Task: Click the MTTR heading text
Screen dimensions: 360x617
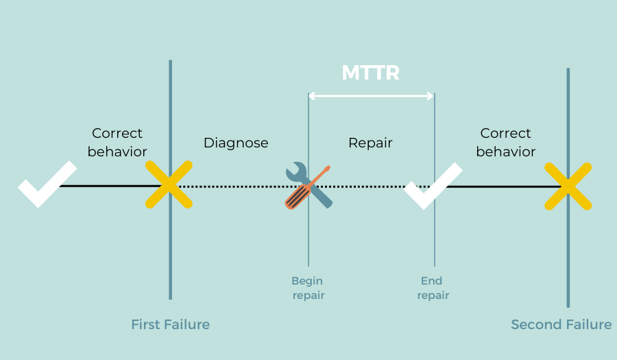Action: coord(370,73)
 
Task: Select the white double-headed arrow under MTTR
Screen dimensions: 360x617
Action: coord(371,96)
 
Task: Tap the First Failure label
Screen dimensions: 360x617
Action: coord(170,324)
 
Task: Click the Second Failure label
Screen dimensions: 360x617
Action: coord(561,324)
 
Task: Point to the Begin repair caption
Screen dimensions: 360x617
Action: coord(308,288)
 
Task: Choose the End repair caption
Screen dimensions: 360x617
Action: coord(433,288)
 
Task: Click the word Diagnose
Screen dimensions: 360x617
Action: coord(236,143)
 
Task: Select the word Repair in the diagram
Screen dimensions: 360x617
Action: coord(370,143)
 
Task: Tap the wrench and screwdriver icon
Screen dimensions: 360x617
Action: coord(308,185)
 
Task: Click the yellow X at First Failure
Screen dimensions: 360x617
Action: coord(169,185)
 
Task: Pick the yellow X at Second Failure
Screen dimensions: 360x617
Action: coord(568,186)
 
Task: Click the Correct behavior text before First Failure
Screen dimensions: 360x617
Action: coord(117,142)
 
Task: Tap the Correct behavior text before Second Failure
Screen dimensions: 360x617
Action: coord(506,142)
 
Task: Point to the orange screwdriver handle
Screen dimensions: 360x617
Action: coord(297,197)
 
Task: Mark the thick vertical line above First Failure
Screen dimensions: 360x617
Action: coord(170,103)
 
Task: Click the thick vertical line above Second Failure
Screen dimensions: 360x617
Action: coord(568,110)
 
